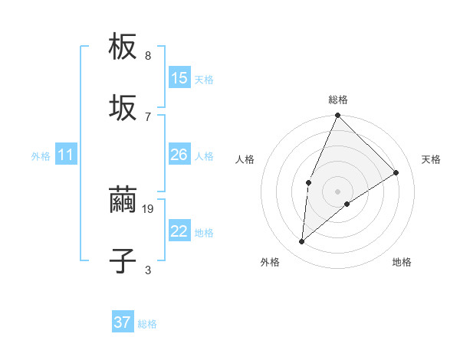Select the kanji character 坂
[123, 108]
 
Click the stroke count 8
[148, 56]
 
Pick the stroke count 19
[149, 208]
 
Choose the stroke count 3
[148, 270]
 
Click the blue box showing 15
[179, 78]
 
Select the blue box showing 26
[179, 155]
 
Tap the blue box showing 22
[179, 231]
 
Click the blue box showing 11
[66, 155]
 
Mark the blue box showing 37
[123, 322]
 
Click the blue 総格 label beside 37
[148, 324]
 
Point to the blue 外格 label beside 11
[41, 156]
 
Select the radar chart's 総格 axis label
[338, 100]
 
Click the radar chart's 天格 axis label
[431, 159]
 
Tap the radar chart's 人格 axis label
[245, 159]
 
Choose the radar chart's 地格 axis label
[402, 263]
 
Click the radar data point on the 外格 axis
[302, 242]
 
